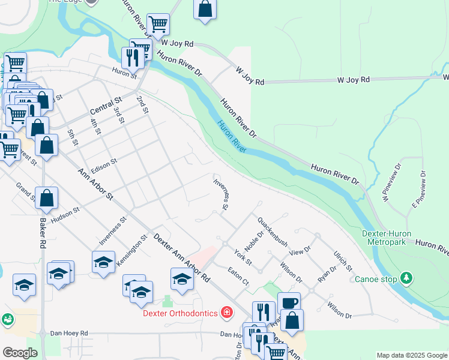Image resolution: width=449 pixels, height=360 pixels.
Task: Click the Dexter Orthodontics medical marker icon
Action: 227,312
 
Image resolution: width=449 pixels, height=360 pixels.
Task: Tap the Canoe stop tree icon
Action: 407,278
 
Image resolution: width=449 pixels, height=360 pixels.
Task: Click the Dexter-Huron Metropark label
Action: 392,237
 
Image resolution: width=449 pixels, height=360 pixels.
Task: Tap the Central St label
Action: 106,106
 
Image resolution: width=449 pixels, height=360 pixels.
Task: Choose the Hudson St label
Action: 65,216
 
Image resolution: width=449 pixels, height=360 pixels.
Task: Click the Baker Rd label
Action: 43,234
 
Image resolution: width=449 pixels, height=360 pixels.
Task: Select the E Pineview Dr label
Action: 418,190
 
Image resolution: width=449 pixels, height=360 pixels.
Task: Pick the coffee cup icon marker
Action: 289,304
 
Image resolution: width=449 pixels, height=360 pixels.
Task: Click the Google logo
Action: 20,353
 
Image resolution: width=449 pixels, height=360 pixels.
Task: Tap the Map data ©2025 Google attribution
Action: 412,355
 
